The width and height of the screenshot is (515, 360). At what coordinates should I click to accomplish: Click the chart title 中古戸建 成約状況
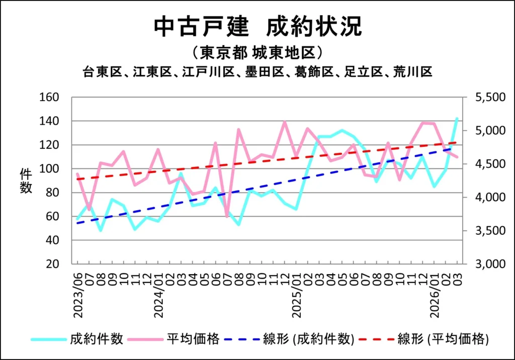tap(257, 27)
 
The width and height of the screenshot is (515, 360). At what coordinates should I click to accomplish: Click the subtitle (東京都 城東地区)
tap(257, 52)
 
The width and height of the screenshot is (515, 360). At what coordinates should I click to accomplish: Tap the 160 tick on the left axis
tap(50, 97)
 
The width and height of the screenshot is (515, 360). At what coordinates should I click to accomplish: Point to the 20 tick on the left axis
tap(53, 264)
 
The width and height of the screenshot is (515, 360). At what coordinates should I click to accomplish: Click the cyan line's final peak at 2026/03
tap(457, 119)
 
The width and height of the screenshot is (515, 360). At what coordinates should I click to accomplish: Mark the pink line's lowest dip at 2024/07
tap(227, 216)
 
